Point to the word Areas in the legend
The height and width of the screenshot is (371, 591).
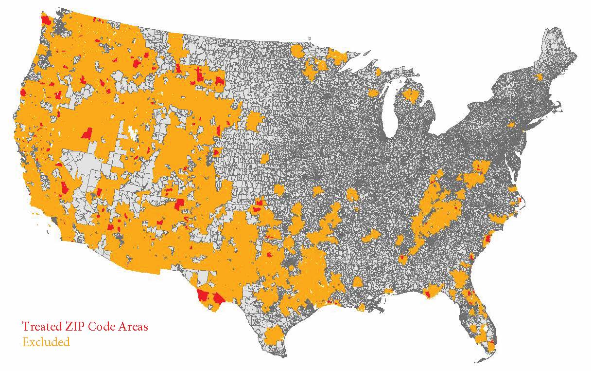[132, 326]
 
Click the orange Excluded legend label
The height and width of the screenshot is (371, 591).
[46, 342]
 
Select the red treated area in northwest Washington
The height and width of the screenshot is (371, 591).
[47, 20]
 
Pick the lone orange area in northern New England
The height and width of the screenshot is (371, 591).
[539, 76]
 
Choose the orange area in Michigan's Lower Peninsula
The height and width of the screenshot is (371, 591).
[411, 95]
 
